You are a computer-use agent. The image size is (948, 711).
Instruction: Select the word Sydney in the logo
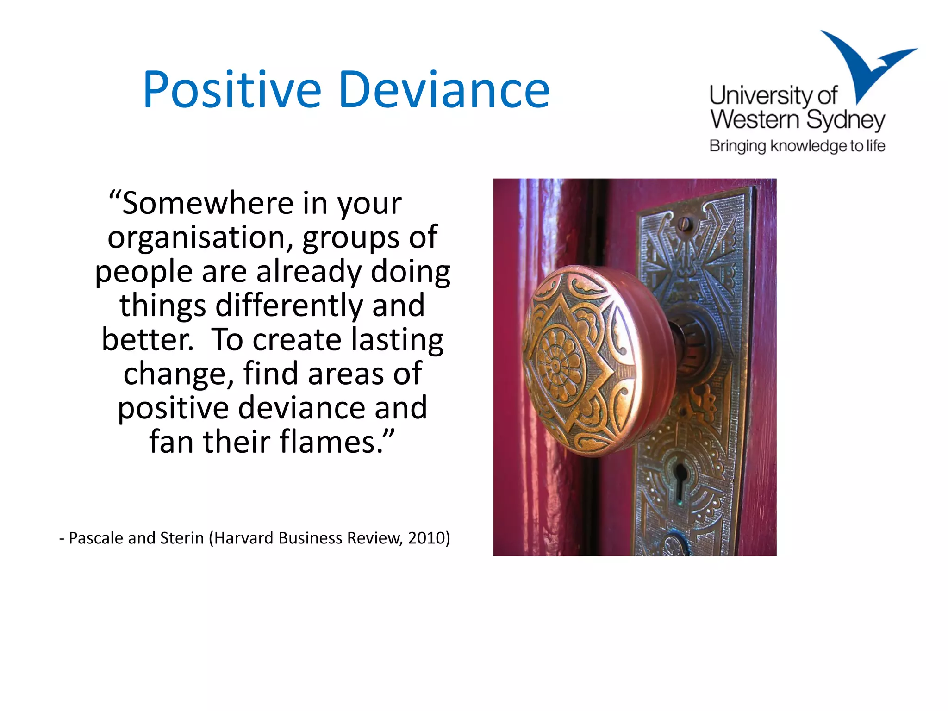point(845,120)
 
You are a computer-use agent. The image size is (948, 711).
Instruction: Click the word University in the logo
point(761,96)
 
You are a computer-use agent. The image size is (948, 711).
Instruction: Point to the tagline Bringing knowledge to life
point(797,146)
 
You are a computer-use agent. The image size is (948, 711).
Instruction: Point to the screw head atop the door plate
point(686,225)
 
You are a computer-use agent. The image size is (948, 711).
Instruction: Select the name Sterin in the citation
point(182,538)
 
